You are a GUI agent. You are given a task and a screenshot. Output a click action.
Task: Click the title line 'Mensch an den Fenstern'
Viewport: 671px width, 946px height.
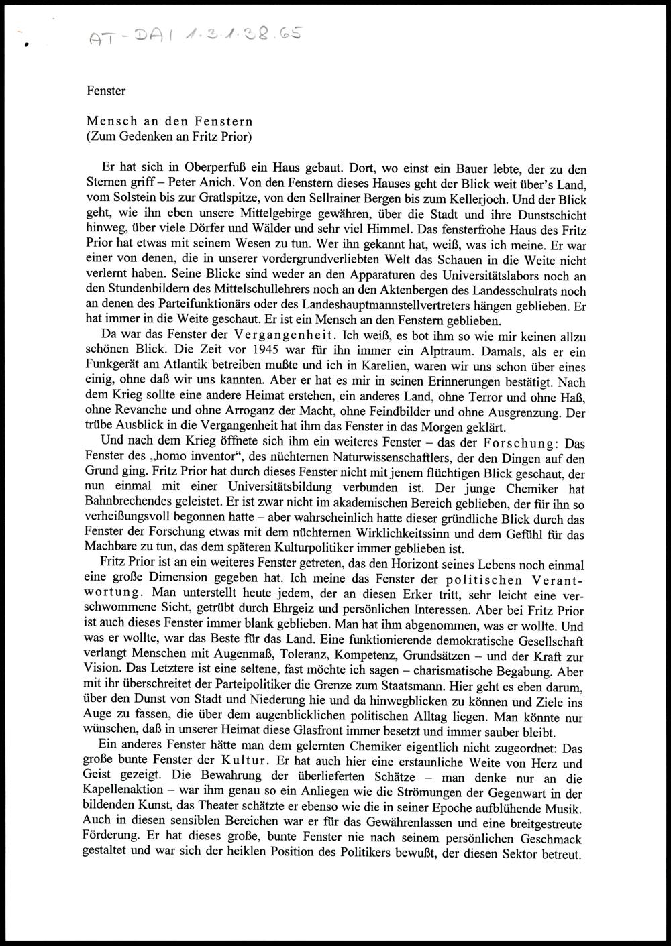169,122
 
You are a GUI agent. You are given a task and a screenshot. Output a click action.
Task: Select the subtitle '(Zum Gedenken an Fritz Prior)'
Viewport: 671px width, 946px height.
168,138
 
